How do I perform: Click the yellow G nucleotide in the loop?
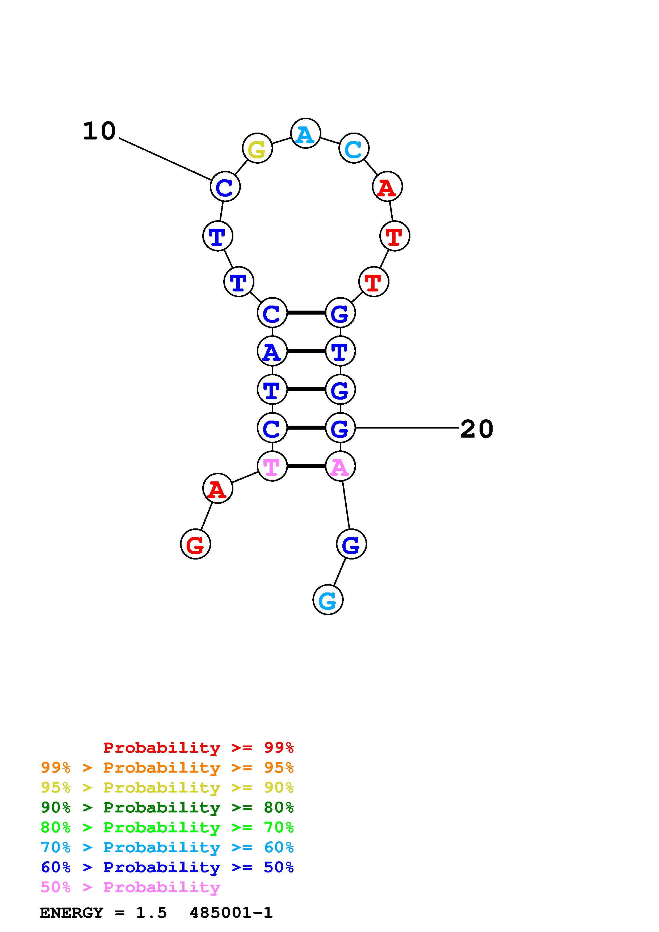257,149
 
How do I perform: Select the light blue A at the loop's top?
306,134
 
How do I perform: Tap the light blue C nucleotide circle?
354,149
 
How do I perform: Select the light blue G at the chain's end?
328,600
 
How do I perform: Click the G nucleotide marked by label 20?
340,428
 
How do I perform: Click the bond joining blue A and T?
306,351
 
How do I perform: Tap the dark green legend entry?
167,807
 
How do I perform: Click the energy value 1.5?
151,913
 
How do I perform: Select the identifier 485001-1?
231,913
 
